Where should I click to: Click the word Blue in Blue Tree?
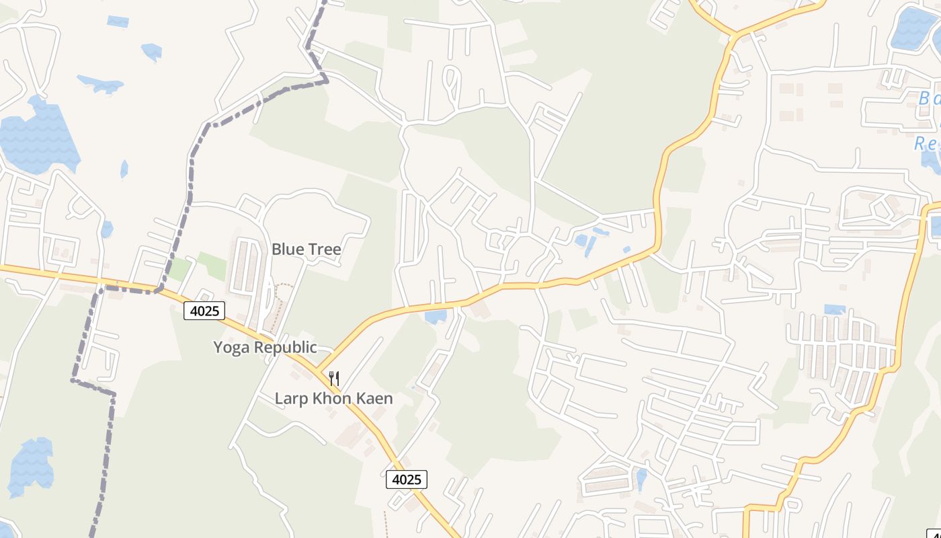(287, 249)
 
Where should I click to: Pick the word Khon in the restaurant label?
(329, 399)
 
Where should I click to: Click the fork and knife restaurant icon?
(334, 378)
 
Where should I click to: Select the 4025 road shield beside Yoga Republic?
(204, 311)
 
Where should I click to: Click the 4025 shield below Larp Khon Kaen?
(407, 479)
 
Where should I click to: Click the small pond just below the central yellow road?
(436, 315)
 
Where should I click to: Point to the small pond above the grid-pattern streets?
(834, 309)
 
